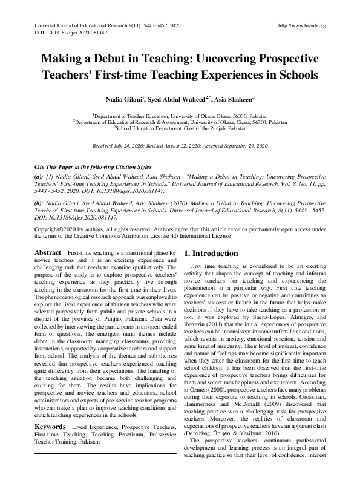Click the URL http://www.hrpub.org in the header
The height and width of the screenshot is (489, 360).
(x=301, y=26)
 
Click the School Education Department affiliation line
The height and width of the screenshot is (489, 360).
(x=180, y=128)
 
